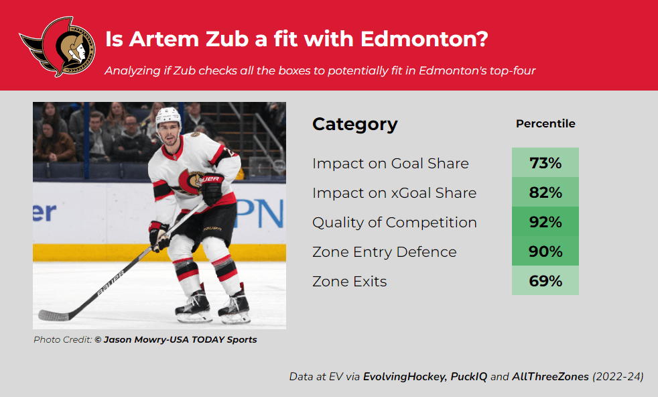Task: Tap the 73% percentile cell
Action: point(545,162)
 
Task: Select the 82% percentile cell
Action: point(545,192)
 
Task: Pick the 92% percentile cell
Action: point(545,221)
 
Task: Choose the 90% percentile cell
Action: point(545,251)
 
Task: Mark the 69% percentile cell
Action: point(545,280)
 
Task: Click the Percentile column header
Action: point(545,123)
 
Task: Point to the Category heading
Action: point(354,124)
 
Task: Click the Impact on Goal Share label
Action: point(390,163)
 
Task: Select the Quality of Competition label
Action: point(395,222)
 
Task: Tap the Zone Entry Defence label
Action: point(385,251)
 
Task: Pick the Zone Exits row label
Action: point(350,281)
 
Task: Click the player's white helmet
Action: point(168,116)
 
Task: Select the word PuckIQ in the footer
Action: point(469,376)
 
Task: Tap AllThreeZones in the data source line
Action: point(550,376)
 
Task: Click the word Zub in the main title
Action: point(227,39)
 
